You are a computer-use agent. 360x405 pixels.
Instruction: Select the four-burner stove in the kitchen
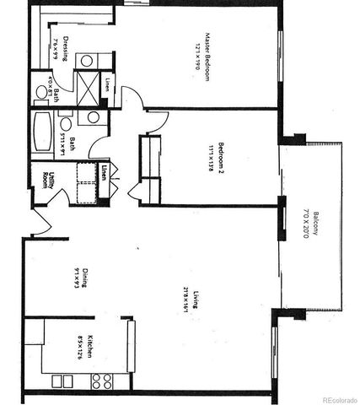[101, 381]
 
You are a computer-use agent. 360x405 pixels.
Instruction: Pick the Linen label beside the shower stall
[109, 85]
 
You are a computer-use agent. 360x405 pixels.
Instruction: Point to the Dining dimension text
[77, 275]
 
